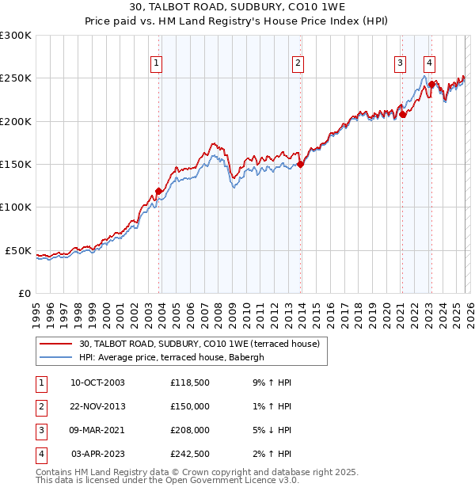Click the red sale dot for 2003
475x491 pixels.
[158, 191]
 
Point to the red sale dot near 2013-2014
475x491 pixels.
[301, 165]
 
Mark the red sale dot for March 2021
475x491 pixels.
[402, 115]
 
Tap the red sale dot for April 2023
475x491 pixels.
[431, 84]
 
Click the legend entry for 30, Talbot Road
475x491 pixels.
[198, 344]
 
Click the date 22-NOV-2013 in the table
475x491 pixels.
[97, 406]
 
